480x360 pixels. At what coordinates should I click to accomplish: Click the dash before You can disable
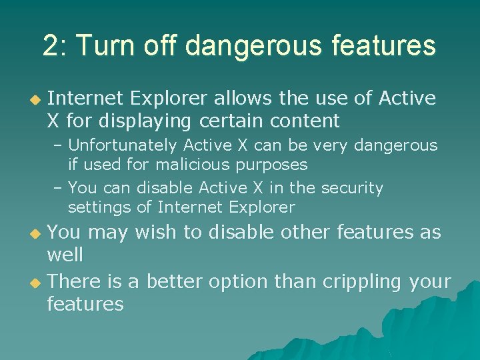[x=58, y=189]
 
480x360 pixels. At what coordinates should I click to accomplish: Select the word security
[x=352, y=189]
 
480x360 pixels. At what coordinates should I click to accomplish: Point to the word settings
[x=100, y=207]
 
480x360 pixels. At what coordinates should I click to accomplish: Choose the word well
[x=65, y=255]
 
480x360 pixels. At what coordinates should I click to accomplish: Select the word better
[x=175, y=281]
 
